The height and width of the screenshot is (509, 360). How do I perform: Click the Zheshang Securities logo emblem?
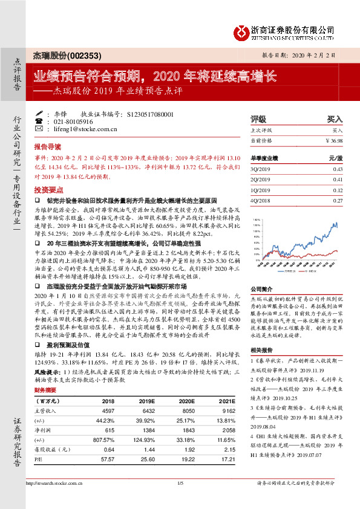coord(243,30)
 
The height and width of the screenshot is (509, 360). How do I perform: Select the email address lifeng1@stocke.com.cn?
coord(82,129)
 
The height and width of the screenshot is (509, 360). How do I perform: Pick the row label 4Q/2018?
coord(262,199)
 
